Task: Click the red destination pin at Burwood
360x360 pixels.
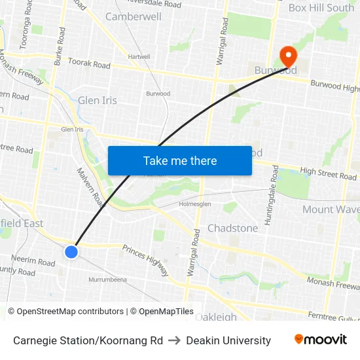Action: [287, 56]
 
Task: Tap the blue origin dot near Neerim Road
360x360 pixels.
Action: [71, 251]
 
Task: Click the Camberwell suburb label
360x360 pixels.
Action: [133, 16]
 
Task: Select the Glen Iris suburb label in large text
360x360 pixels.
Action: [97, 100]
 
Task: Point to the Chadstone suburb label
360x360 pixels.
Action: [232, 228]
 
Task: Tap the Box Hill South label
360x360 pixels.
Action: [321, 8]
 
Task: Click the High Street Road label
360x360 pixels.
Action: [328, 173]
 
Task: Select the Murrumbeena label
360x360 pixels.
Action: [107, 279]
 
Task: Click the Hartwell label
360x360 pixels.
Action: [139, 57]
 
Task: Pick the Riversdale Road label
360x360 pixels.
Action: [154, 4]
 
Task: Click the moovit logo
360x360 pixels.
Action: [320, 340]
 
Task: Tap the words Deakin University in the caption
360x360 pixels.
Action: [228, 340]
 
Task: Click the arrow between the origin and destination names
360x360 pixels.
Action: [174, 340]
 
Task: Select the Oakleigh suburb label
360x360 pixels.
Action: [215, 317]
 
